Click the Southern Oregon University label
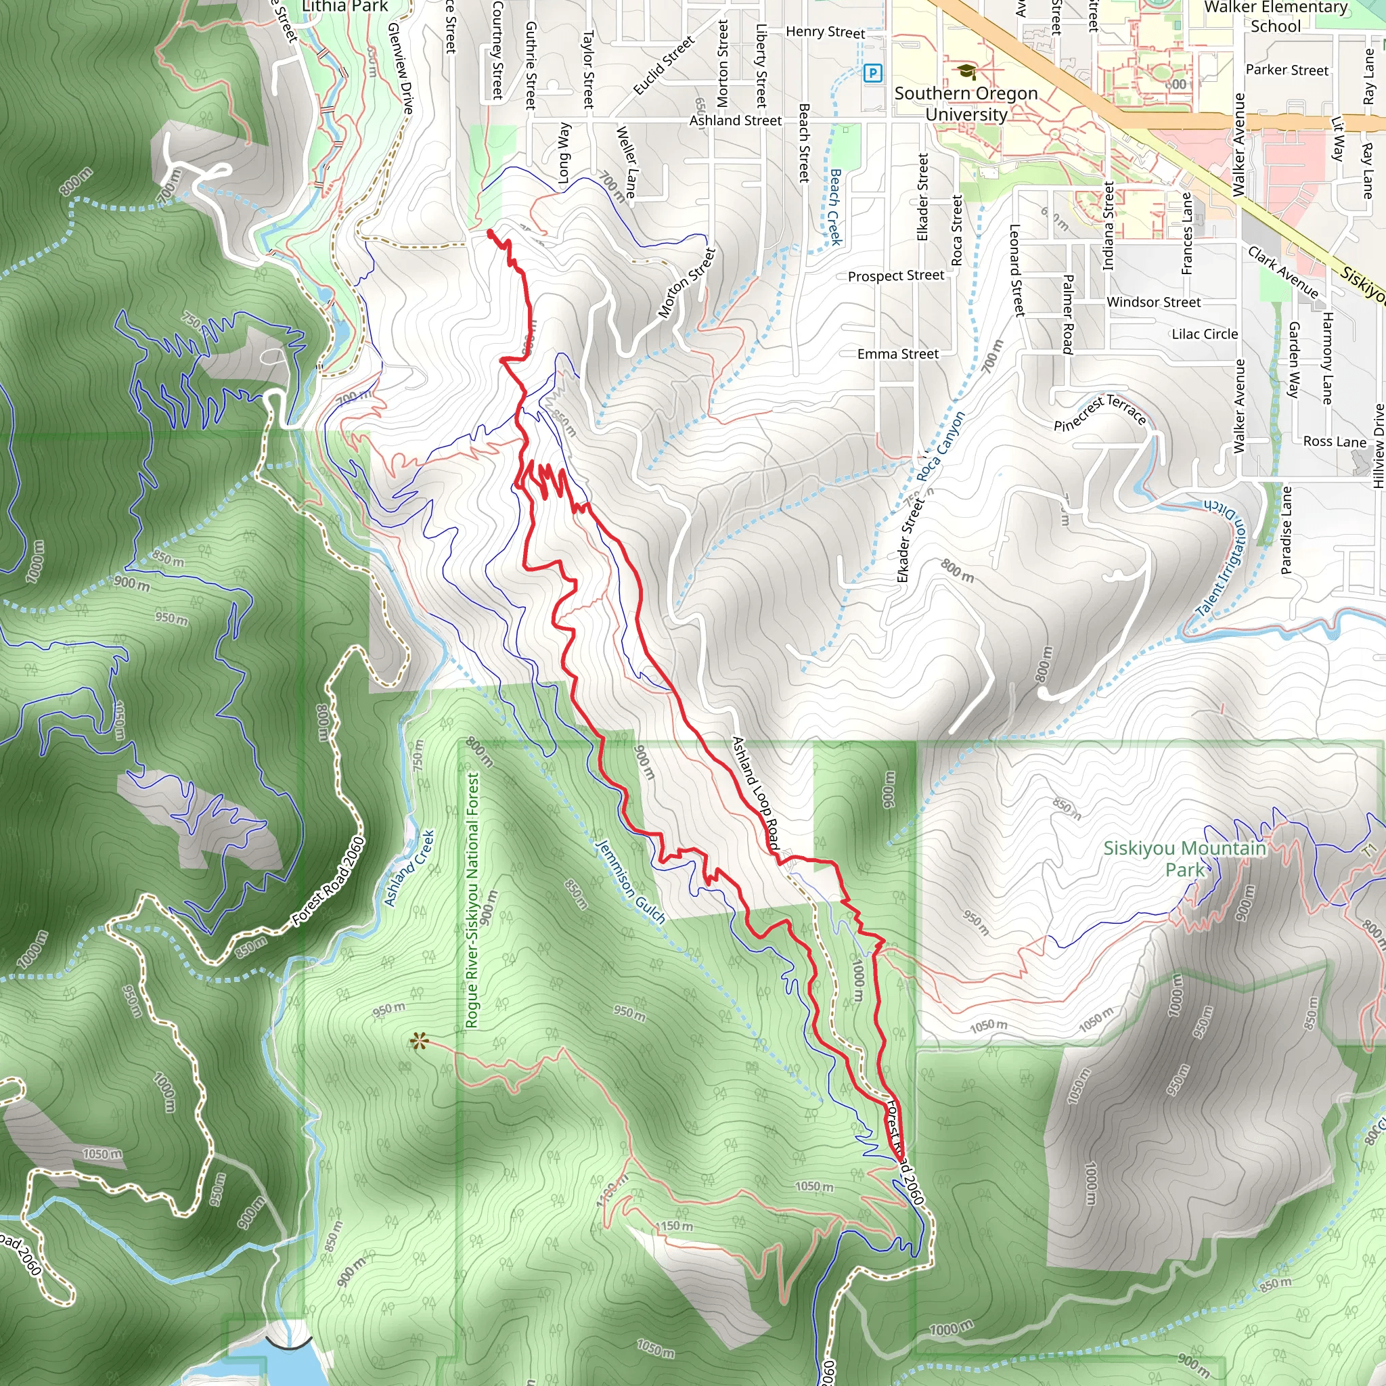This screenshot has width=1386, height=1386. (966, 104)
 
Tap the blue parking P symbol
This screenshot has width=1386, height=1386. (872, 72)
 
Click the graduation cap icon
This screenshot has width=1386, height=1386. (966, 71)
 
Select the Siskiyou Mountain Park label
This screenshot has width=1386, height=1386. (1184, 859)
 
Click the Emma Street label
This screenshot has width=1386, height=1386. (897, 354)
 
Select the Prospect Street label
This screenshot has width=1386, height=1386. (895, 276)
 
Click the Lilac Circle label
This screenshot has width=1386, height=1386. (1205, 334)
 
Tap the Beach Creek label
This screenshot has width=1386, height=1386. (835, 207)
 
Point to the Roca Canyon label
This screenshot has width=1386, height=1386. (941, 446)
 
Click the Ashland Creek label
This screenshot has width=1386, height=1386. (409, 868)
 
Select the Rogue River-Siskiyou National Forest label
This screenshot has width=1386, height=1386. (472, 899)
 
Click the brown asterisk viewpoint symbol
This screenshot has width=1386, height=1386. (419, 1041)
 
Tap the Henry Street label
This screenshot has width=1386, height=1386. (825, 32)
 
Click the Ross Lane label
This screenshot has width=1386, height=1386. (1335, 442)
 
